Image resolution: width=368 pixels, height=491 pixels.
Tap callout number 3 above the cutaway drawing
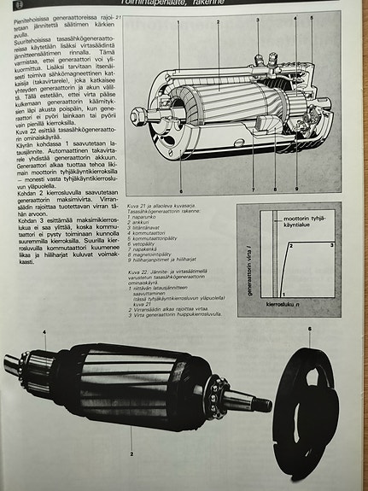click(258, 18)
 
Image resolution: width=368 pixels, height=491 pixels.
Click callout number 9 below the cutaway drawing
click(295, 189)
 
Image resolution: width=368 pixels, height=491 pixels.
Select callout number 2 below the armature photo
click(131, 453)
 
